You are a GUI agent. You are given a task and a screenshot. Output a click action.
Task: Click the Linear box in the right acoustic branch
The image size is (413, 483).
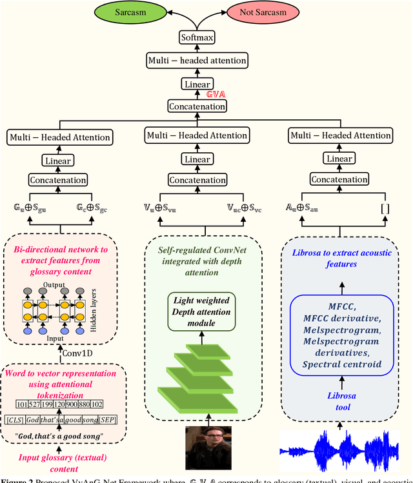click(x=339, y=159)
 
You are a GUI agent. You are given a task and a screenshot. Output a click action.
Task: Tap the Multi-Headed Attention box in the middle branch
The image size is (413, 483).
click(x=196, y=135)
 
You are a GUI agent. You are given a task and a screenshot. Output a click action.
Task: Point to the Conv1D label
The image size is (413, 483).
click(x=79, y=351)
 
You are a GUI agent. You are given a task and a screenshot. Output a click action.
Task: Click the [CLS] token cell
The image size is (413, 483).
click(x=14, y=420)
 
